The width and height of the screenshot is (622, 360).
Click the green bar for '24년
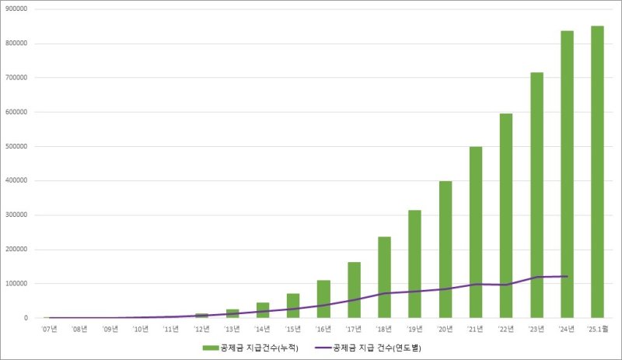(x=567, y=174)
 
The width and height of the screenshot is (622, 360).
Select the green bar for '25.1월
(x=597, y=172)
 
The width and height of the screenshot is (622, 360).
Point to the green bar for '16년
(x=324, y=299)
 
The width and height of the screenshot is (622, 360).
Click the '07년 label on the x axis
(x=50, y=329)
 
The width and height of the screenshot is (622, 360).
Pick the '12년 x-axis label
(x=202, y=329)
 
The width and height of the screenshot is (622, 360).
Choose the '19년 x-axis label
(x=415, y=329)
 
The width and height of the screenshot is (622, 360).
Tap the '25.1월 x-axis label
(x=597, y=329)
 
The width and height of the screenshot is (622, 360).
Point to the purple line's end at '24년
(x=567, y=276)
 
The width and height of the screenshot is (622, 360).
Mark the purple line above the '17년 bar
(x=355, y=299)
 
